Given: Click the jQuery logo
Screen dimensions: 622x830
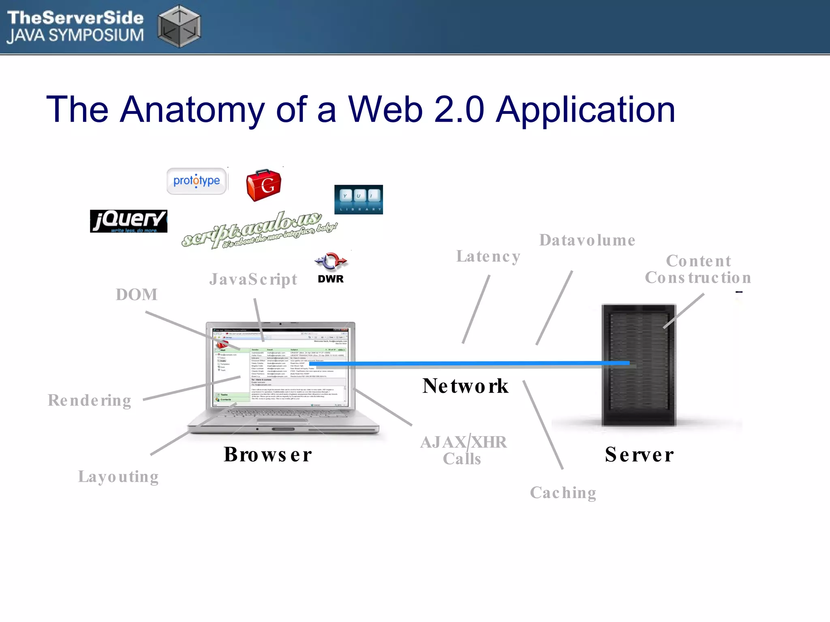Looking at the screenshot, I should (x=128, y=221).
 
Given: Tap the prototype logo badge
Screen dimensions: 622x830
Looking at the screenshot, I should (x=197, y=181).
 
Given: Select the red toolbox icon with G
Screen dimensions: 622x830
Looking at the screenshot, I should (x=264, y=185).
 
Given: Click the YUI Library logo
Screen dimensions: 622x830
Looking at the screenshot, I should (x=358, y=200).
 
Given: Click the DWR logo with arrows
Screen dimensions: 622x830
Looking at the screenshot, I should (x=331, y=267).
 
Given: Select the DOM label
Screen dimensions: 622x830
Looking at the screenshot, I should (x=137, y=295).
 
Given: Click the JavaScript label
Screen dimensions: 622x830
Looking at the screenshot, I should (x=253, y=279).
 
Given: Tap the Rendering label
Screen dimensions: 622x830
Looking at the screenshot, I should (x=90, y=400).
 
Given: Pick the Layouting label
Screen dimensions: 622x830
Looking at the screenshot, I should (x=118, y=477).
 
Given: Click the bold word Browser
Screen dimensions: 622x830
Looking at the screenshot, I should (x=268, y=454).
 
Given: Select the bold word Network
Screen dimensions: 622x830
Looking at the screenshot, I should (x=465, y=386).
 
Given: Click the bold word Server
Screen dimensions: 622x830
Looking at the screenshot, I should (x=639, y=454).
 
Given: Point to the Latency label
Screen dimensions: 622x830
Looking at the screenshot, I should (x=488, y=256).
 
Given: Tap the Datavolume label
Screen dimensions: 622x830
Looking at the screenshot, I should (x=587, y=241).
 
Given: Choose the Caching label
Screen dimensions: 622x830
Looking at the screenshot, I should (x=563, y=493).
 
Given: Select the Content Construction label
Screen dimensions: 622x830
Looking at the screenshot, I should (x=698, y=269).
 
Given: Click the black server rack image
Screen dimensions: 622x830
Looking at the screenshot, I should (x=639, y=364).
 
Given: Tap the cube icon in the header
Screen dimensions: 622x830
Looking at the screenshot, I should (x=179, y=26).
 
